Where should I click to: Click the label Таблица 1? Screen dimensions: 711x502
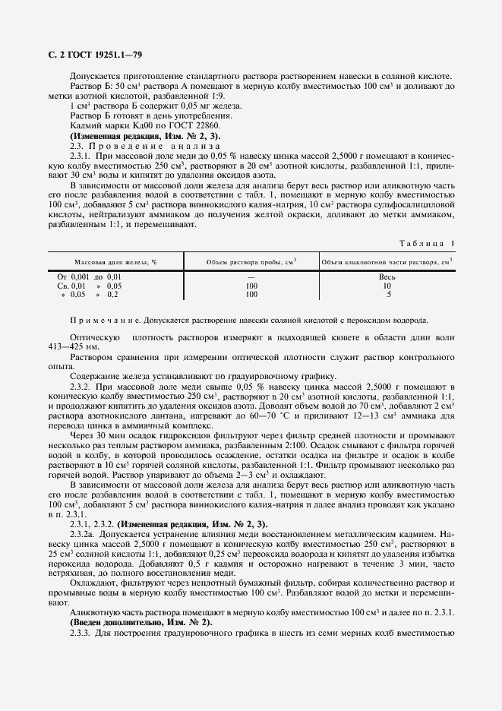[426, 243]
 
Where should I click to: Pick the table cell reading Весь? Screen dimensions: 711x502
[388, 277]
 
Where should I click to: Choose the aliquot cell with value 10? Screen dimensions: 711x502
[388, 286]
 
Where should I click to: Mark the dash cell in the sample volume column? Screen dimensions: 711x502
[251, 277]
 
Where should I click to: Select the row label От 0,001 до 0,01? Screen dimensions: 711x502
[90, 277]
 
